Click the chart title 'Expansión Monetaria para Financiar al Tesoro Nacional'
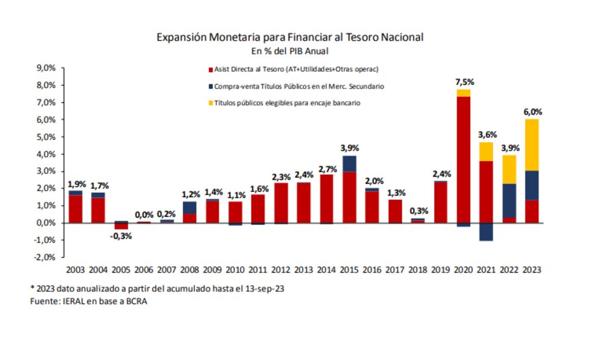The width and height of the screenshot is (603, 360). [x=289, y=37]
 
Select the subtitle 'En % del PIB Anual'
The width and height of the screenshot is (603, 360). [x=289, y=51]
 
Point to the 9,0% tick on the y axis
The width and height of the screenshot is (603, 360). [x=46, y=68]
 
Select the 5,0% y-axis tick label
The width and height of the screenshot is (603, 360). [x=46, y=137]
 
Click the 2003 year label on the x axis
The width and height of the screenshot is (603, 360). [x=75, y=270]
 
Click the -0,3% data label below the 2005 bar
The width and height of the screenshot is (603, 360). [x=121, y=236]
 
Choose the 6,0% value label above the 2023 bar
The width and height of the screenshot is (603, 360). [x=532, y=112]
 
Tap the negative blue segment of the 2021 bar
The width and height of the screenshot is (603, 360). [x=486, y=232]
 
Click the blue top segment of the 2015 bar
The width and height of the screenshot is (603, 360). [x=349, y=163]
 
